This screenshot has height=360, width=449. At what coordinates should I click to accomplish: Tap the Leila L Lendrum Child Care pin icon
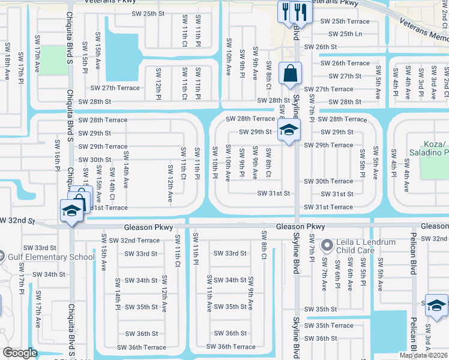point(327,245)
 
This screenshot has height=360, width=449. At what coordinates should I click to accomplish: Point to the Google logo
point(20,353)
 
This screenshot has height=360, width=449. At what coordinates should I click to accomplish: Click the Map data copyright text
point(424,355)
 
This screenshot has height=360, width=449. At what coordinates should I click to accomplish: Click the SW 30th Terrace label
point(328,181)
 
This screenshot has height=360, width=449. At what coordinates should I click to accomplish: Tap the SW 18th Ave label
point(8,66)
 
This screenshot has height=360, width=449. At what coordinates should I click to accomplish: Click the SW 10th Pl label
point(214,162)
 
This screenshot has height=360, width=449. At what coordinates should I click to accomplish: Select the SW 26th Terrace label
point(345,63)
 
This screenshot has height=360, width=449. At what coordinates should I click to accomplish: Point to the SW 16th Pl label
point(58,155)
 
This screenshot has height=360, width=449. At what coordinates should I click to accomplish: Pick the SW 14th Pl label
point(118,294)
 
